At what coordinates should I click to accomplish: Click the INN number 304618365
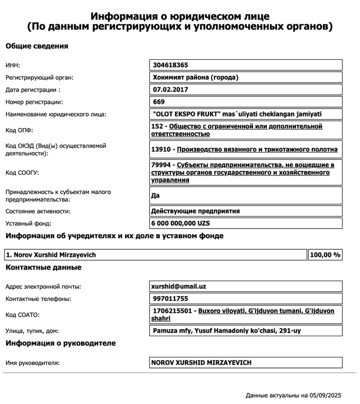pyautogui.click(x=170, y=65)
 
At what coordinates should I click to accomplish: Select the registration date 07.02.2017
pyautogui.click(x=168, y=89)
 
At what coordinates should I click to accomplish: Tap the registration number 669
pyautogui.click(x=159, y=102)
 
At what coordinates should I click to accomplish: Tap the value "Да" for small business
pyautogui.click(x=156, y=195)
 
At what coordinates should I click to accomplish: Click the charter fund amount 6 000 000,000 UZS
pyautogui.click(x=181, y=223)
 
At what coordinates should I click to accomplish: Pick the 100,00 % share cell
pyautogui.click(x=325, y=255)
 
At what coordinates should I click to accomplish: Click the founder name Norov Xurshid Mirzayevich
pyautogui.click(x=51, y=255)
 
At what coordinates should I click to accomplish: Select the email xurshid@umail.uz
pyautogui.click(x=178, y=286)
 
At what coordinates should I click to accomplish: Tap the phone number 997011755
pyautogui.click(x=170, y=299)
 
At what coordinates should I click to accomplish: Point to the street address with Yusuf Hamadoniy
pyautogui.click(x=227, y=331)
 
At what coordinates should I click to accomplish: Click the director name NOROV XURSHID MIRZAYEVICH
pyautogui.click(x=201, y=363)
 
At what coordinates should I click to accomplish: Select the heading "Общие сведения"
pyautogui.click(x=37, y=46)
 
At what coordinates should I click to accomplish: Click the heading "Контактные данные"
pyautogui.click(x=43, y=267)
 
